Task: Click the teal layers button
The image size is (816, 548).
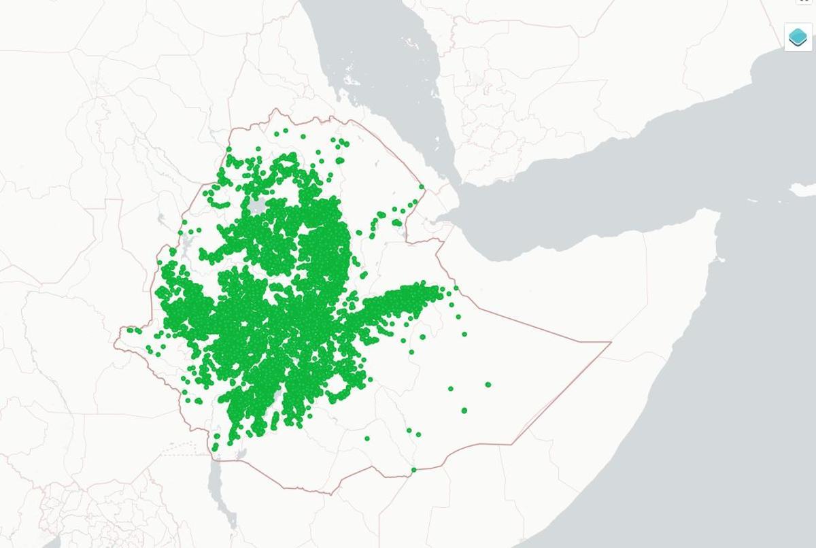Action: click(798, 37)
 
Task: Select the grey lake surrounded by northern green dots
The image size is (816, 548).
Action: click(258, 205)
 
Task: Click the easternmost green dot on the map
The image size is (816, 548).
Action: click(488, 385)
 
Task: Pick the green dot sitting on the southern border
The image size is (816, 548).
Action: click(413, 470)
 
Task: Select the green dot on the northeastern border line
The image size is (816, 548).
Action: click(422, 187)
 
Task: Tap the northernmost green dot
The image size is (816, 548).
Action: click(286, 131)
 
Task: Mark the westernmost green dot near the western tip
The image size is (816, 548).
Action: click(129, 330)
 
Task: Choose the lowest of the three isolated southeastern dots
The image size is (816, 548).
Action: click(464, 411)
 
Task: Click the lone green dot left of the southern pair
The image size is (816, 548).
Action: click(367, 439)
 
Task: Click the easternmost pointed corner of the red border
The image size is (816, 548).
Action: click(610, 342)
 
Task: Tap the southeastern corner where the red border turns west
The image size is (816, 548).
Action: click(511, 444)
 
